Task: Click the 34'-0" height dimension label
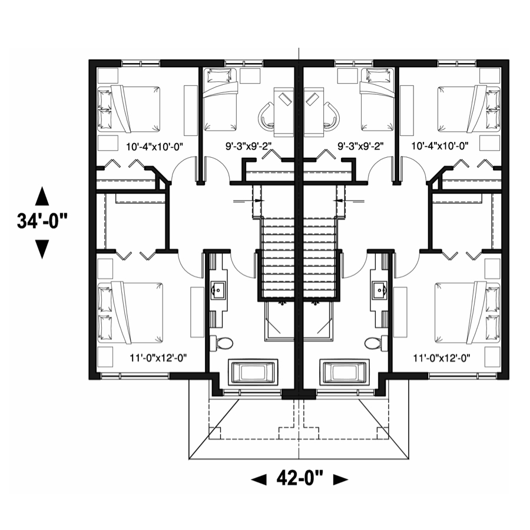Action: coord(42,222)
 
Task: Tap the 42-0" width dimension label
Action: coord(300,478)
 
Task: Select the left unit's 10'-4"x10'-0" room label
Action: coord(154,147)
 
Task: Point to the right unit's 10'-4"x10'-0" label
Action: coord(440,146)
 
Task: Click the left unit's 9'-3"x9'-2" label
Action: coord(249,146)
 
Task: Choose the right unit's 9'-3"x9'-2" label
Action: coord(360,146)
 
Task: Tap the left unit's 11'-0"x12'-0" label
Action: coord(158,357)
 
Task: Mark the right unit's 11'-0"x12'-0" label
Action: coord(442,357)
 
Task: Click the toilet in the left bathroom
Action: coord(222,343)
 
